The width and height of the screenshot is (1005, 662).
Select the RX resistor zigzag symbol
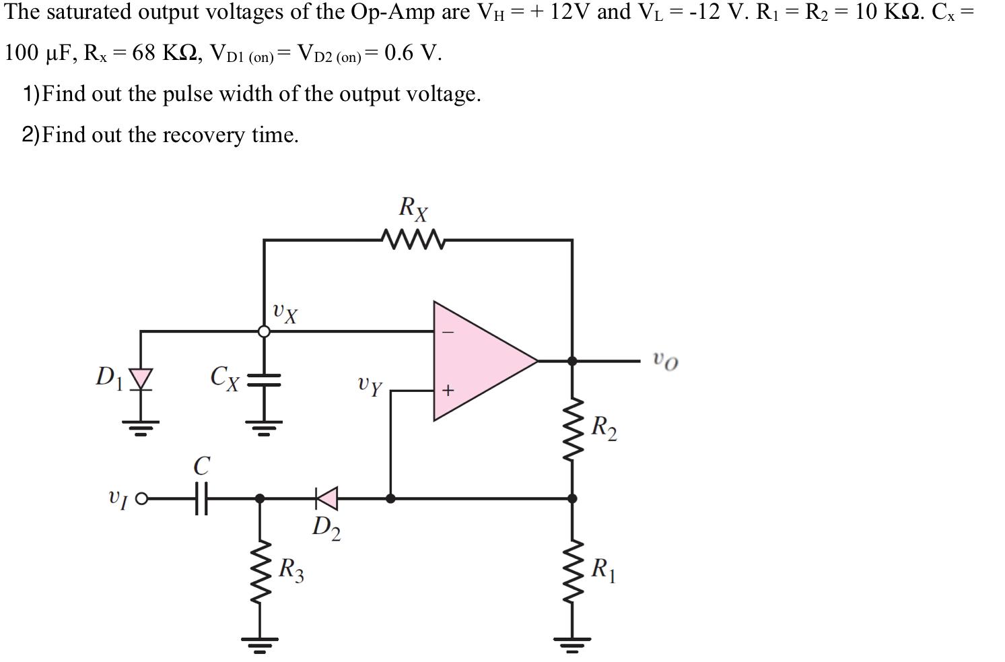[x=412, y=239]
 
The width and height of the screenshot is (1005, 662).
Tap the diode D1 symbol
[x=141, y=378]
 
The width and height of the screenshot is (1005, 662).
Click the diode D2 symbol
[x=327, y=498]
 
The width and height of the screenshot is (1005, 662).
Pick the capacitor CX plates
[x=264, y=379]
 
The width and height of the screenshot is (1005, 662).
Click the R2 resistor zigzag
[x=572, y=428]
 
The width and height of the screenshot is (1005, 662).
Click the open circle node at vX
[x=265, y=331]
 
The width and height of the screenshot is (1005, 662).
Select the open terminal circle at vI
[x=141, y=498]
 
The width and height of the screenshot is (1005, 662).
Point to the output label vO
[x=665, y=361]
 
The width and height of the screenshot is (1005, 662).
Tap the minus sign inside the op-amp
[x=448, y=332]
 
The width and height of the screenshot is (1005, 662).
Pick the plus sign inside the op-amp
[x=448, y=390]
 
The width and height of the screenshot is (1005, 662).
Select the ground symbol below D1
[x=141, y=426]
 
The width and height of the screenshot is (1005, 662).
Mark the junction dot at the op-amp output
[x=572, y=361]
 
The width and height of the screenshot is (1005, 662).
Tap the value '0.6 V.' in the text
[x=413, y=53]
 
